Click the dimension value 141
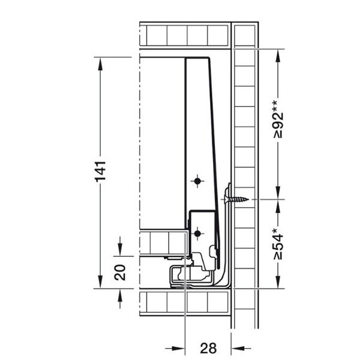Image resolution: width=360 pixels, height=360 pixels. [x=101, y=172]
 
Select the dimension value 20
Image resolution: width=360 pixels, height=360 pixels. [x=120, y=272]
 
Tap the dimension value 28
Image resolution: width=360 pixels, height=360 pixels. [x=208, y=348]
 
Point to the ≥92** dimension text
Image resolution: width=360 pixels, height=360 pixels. [x=278, y=119]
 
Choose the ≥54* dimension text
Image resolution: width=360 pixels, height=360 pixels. [x=278, y=244]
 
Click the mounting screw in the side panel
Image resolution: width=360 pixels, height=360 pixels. [x=236, y=199]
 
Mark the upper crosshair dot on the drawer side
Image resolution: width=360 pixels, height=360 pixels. [x=197, y=181]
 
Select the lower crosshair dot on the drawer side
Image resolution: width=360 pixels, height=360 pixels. [x=197, y=234]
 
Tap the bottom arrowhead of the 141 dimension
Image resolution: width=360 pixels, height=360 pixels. [x=100, y=282]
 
